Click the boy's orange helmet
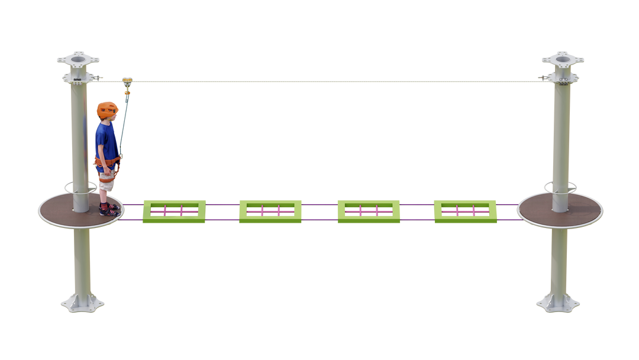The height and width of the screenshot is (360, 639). point(107,108)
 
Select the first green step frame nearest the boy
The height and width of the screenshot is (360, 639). point(174,211)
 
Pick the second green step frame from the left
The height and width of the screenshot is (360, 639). point(270,211)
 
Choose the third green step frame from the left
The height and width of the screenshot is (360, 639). point(369,211)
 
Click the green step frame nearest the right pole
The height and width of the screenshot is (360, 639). point(465,211)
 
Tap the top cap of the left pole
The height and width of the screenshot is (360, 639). point(78,59)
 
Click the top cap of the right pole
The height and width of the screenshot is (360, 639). point(563,59)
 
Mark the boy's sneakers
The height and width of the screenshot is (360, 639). point(108,209)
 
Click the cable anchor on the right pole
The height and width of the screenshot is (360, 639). point(541,77)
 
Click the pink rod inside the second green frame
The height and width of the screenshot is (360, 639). point(270,211)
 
